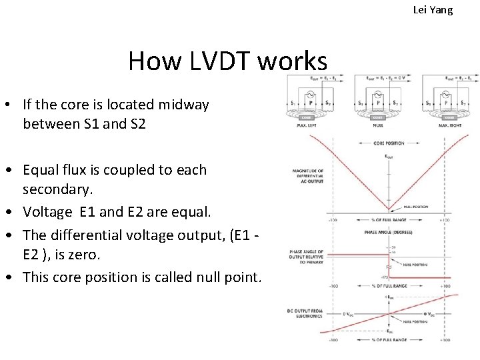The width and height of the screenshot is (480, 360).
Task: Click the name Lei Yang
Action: click(x=433, y=9)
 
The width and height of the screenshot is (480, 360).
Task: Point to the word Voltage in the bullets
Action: click(x=47, y=213)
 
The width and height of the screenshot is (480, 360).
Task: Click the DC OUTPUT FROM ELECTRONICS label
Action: click(x=307, y=312)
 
